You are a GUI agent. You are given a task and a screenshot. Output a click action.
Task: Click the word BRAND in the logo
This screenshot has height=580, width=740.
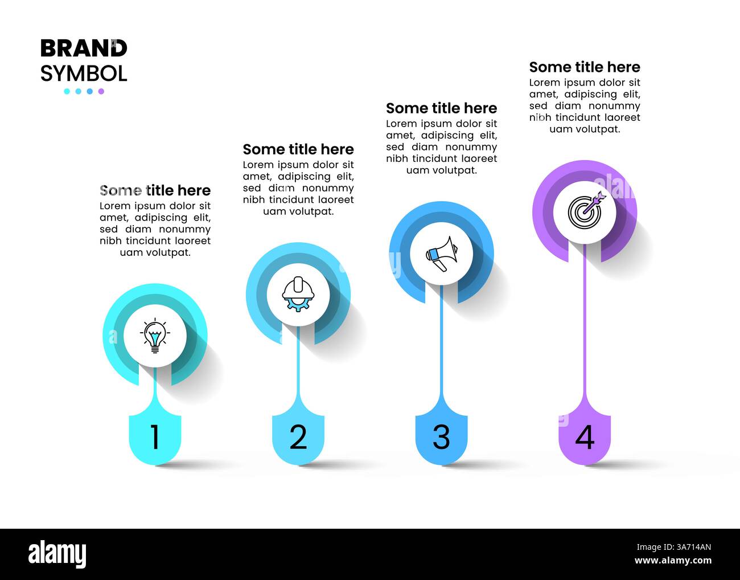tap(84, 48)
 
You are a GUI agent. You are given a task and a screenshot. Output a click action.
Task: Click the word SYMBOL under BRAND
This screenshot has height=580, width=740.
tap(84, 73)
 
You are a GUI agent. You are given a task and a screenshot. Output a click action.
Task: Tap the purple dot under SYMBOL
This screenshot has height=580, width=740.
tap(101, 91)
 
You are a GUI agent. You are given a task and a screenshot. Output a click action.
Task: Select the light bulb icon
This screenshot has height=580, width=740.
tap(155, 336)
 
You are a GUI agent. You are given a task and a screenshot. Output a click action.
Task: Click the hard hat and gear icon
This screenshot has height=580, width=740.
tap(298, 294)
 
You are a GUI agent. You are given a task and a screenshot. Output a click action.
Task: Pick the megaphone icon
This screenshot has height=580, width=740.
tap(442, 254)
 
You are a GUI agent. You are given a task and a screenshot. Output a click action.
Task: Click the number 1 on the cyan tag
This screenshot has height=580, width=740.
tap(155, 436)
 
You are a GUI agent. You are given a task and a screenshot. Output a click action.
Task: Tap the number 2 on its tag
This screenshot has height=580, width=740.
tap(298, 436)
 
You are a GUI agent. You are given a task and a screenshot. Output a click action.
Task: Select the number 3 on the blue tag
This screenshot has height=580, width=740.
tap(441, 436)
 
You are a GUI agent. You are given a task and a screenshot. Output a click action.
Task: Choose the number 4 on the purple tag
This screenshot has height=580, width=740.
tap(585, 436)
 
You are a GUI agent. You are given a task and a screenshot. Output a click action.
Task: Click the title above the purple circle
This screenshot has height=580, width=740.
tap(585, 67)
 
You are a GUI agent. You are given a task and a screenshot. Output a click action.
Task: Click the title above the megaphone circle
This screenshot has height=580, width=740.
tap(442, 108)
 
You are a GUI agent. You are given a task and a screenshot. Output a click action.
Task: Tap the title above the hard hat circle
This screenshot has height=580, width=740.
tap(298, 149)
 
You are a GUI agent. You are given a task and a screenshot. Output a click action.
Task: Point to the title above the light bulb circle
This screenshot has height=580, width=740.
tap(155, 190)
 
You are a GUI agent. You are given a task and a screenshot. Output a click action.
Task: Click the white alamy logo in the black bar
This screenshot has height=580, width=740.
tap(57, 554)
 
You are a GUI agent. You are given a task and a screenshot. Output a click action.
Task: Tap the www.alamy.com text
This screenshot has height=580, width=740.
tap(673, 561)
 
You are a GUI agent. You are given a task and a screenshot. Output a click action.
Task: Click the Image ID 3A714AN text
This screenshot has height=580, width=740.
tap(674, 548)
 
